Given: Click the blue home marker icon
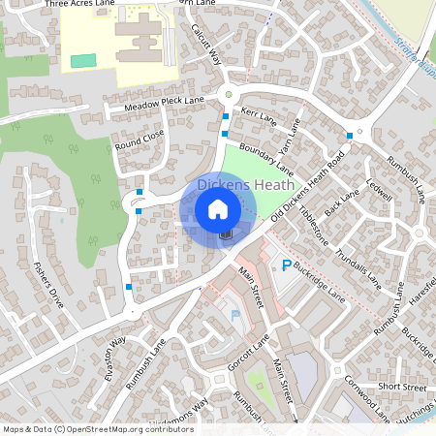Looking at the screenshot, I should (218, 208).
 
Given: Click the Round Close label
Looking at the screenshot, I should (140, 140).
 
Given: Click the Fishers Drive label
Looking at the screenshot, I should (47, 284).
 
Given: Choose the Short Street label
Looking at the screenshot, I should (402, 387).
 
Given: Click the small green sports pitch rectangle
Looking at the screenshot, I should (84, 61).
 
